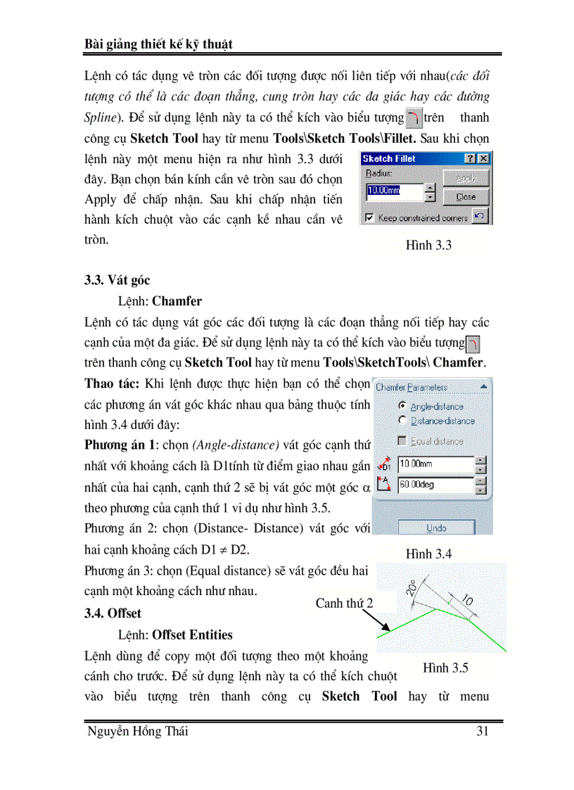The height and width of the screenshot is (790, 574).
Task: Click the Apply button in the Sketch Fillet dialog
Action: pyautogui.click(x=466, y=178)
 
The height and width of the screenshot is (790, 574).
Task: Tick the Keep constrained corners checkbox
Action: pyautogui.click(x=370, y=218)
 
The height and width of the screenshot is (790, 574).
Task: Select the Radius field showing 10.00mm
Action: pyautogui.click(x=395, y=190)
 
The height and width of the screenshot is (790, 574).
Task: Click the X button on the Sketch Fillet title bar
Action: pyautogui.click(x=483, y=159)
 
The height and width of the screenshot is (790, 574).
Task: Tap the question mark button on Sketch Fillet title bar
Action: pyautogui.click(x=471, y=159)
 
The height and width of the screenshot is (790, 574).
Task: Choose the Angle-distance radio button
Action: pyautogui.click(x=402, y=406)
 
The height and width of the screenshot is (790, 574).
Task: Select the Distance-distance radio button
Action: pyautogui.click(x=402, y=421)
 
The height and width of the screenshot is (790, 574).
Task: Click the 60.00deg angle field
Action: pyautogui.click(x=435, y=485)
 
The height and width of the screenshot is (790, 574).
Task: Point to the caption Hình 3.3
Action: pyautogui.click(x=428, y=246)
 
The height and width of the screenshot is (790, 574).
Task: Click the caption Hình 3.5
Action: pyautogui.click(x=445, y=668)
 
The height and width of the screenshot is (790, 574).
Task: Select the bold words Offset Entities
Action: pyautogui.click(x=192, y=635)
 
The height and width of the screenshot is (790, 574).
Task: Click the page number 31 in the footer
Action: pyautogui.click(x=483, y=732)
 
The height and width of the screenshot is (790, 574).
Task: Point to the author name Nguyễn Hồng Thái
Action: pyautogui.click(x=137, y=732)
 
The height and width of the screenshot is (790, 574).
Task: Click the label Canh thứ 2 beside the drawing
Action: pyautogui.click(x=344, y=603)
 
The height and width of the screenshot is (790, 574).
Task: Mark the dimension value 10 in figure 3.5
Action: pyautogui.click(x=467, y=600)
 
